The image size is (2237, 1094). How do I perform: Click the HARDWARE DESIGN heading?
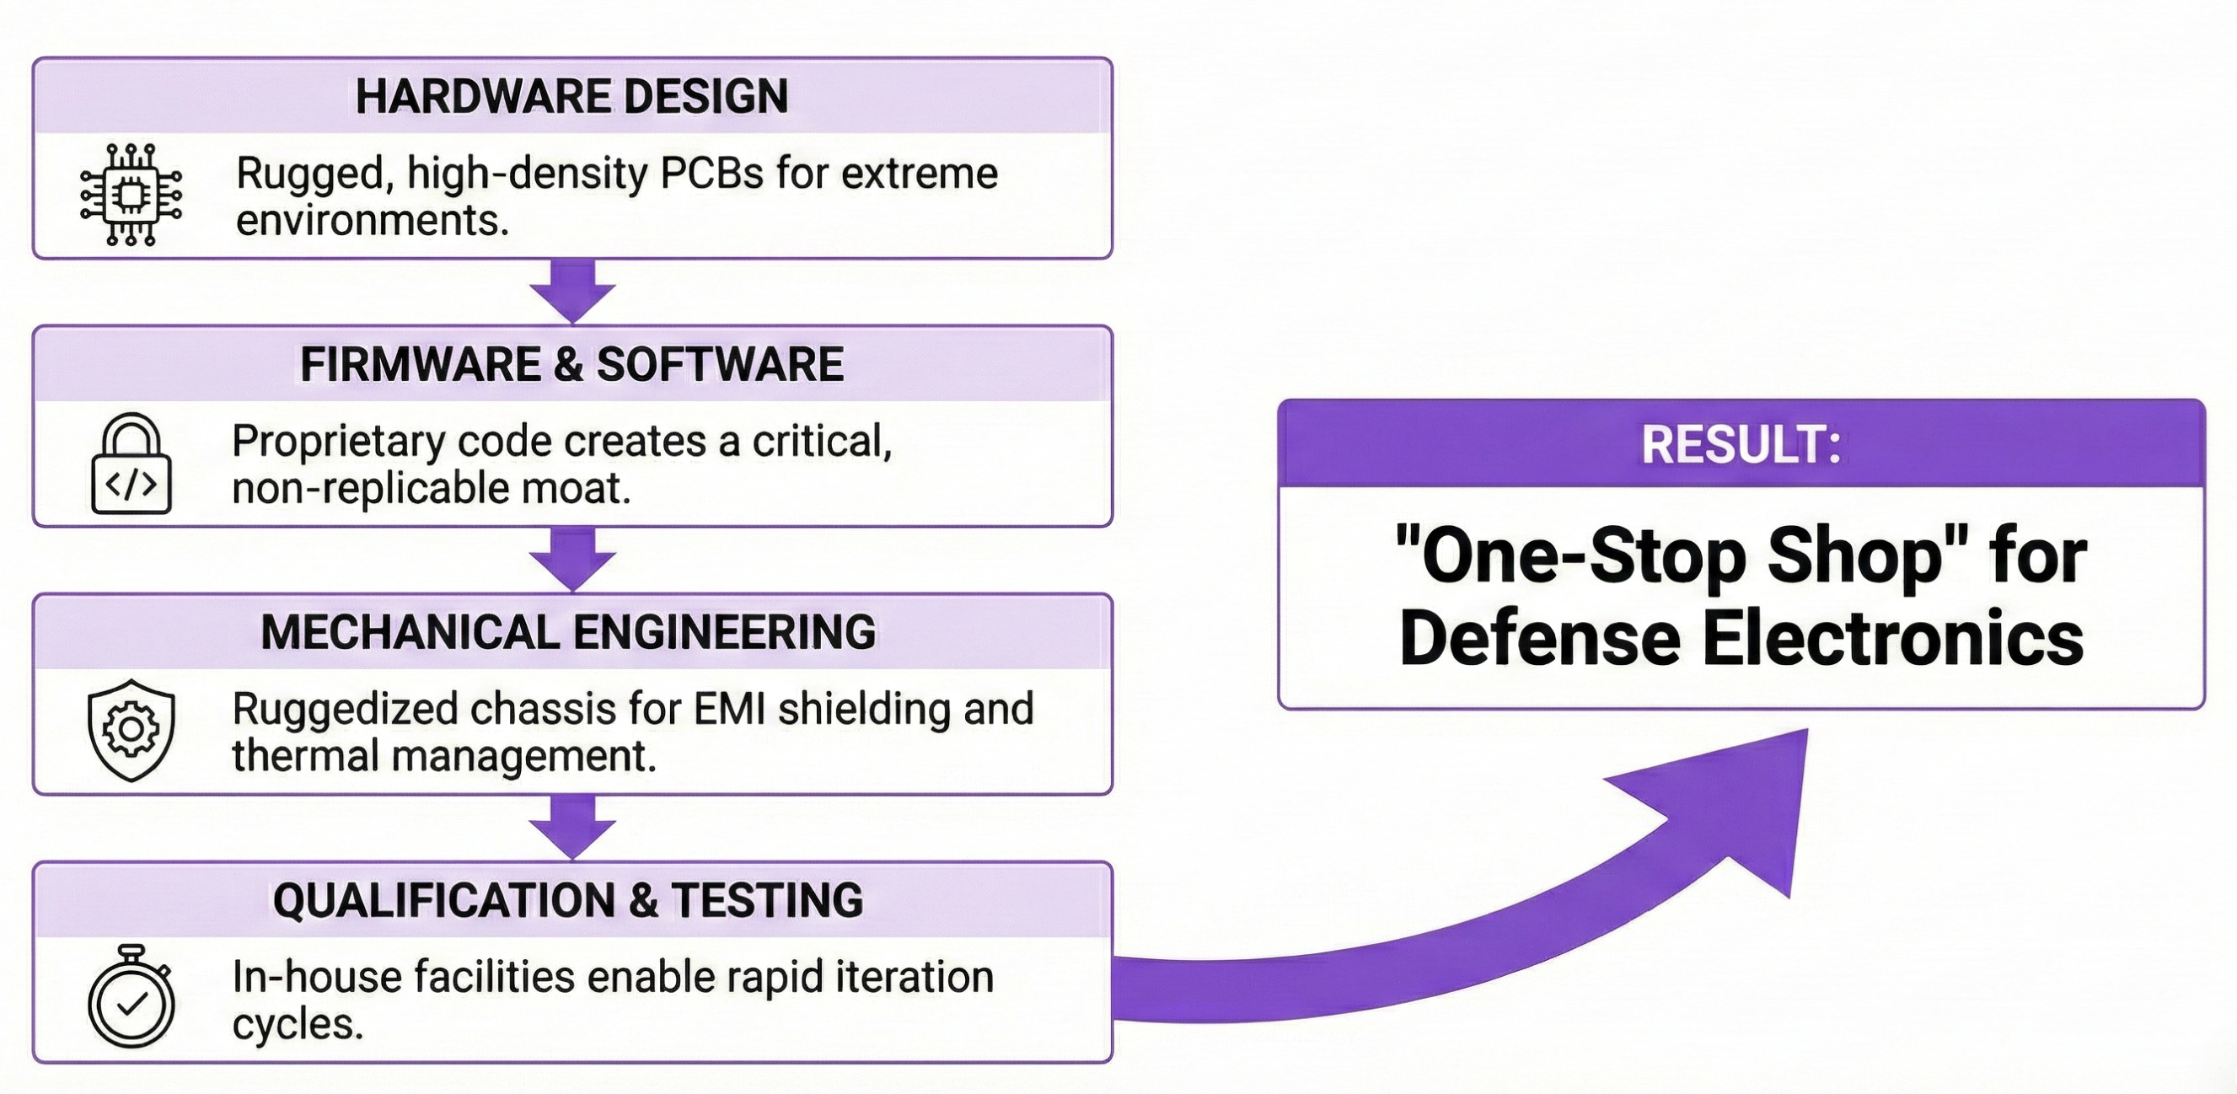tap(571, 95)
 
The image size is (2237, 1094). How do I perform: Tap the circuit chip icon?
tap(131, 195)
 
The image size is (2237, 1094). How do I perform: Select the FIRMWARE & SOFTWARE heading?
tap(571, 364)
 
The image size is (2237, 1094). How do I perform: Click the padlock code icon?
tap(131, 464)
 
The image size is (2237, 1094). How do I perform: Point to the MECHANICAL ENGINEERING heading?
tap(568, 632)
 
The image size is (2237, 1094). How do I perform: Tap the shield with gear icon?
tap(131, 730)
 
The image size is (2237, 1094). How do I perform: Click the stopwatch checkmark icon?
tap(131, 997)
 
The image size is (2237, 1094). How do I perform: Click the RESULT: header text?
tap(1741, 444)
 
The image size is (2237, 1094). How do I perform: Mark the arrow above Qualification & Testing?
tap(572, 827)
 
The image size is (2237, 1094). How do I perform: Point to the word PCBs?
tap(712, 174)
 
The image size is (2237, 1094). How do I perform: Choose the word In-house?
tap(316, 977)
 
